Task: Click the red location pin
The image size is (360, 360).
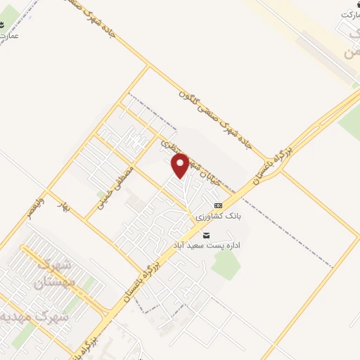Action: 181,165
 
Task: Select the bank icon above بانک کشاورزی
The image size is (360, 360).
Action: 208,204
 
